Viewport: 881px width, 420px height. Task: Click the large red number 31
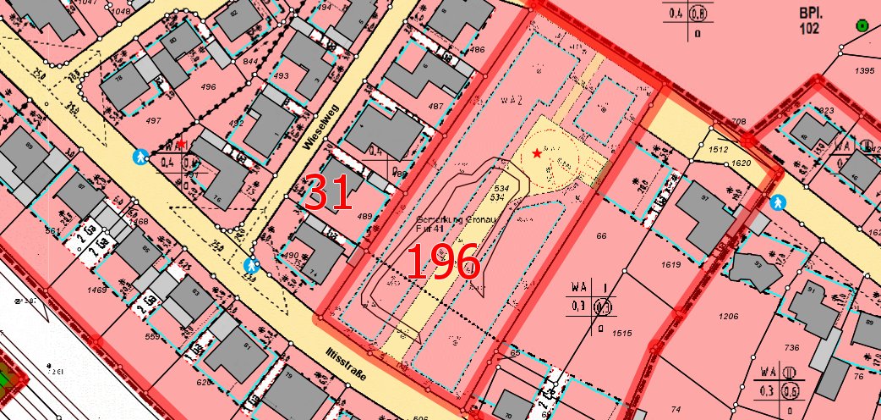[x=328, y=192]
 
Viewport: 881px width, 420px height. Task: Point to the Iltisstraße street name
[x=346, y=361]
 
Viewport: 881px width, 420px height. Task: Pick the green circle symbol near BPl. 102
[x=862, y=26]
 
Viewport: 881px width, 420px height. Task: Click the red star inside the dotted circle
[x=538, y=153]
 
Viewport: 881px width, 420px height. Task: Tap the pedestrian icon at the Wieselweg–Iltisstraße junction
[x=251, y=265]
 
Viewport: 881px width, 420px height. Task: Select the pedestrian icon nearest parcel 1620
[x=777, y=202]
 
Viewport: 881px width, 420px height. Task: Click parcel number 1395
[x=864, y=71]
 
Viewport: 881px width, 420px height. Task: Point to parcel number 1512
[x=719, y=149]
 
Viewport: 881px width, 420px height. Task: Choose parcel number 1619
[x=670, y=265]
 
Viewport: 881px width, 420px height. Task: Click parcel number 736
[x=791, y=348]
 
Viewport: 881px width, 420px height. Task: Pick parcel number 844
[x=249, y=62]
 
